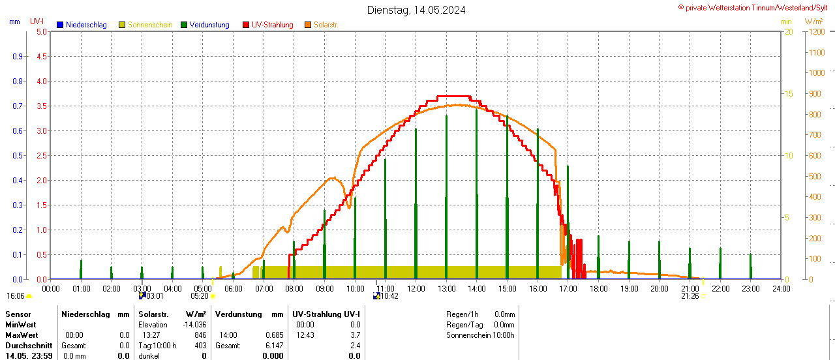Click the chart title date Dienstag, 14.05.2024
(x=416, y=10)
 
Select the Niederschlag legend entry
(x=82, y=25)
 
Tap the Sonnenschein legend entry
(x=149, y=25)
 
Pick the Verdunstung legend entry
(x=209, y=25)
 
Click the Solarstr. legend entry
(x=326, y=25)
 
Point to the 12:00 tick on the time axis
(x=416, y=288)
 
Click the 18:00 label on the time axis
(x=598, y=288)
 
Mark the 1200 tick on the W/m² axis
(x=816, y=31)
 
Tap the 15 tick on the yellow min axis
(x=788, y=94)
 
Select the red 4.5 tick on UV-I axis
(x=41, y=56)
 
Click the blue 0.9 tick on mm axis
(x=18, y=56)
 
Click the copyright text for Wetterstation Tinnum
(x=756, y=8)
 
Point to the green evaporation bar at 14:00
(x=477, y=196)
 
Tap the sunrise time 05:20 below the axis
(x=200, y=296)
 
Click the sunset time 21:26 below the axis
(x=690, y=296)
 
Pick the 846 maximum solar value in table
(x=200, y=335)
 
